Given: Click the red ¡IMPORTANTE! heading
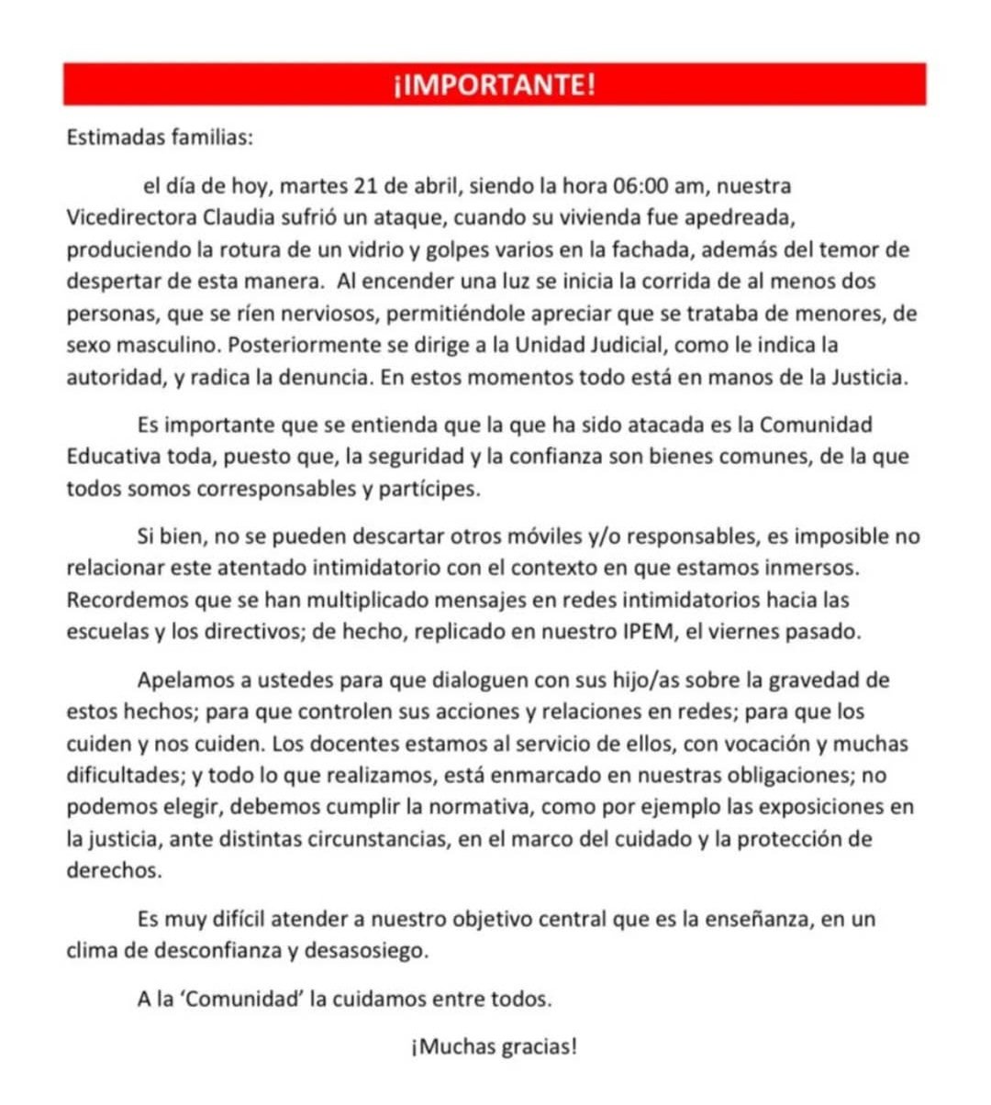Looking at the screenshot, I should click(495, 84).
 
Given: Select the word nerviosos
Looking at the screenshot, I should click(321, 314).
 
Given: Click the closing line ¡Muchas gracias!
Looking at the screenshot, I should click(495, 1046).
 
